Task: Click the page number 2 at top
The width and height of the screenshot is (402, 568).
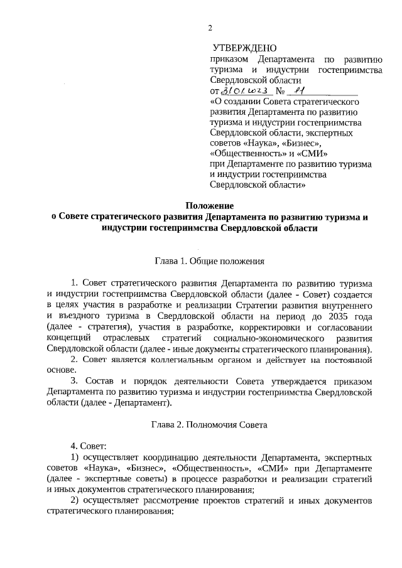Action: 211,27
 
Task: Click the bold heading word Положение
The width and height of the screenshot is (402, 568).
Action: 209,206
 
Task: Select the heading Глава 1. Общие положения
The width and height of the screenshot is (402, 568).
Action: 209,260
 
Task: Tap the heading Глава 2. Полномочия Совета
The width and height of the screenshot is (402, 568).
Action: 209,425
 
